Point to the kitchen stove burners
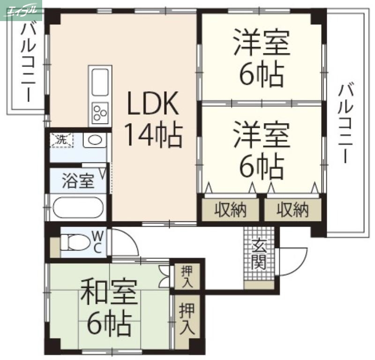tap(100, 112)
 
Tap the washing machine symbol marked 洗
tap(62, 140)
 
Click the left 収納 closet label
tap(230, 211)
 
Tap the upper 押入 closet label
tap(187, 276)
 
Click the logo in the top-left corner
tap(22, 9)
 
